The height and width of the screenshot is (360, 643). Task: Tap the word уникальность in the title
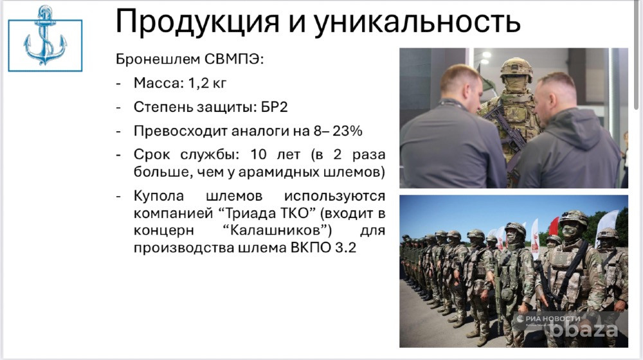pyautogui.click(x=417, y=22)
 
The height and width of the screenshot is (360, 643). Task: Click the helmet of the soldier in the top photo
pyautogui.click(x=516, y=67)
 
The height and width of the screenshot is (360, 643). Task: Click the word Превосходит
pyautogui.click(x=177, y=131)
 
